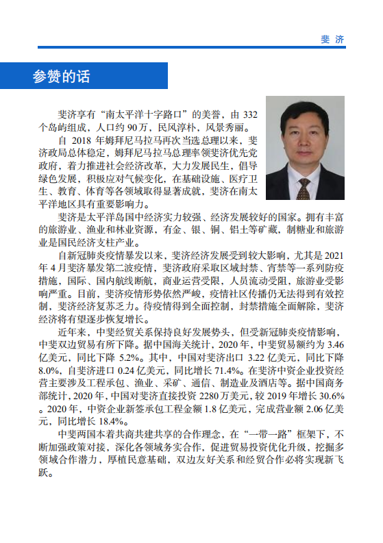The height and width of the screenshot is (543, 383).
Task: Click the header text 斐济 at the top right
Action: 332,39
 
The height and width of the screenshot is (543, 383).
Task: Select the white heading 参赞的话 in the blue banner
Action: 61,76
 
